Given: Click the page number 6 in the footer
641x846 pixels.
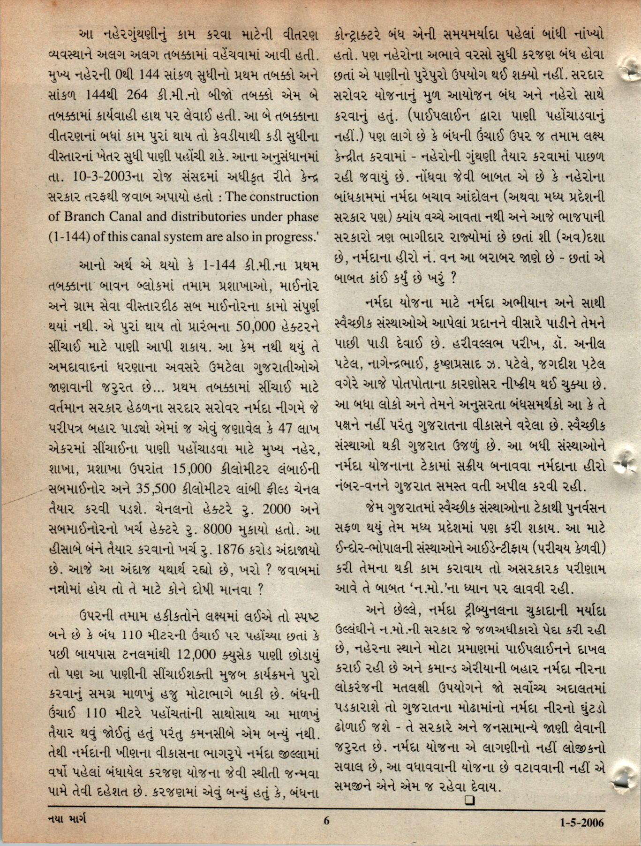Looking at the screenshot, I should point(327,835).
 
